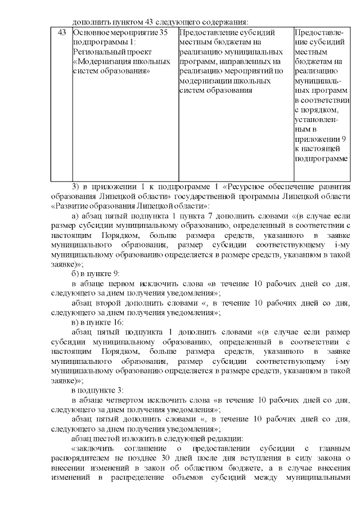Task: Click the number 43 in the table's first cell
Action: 62,32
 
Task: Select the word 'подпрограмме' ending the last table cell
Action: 321,158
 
